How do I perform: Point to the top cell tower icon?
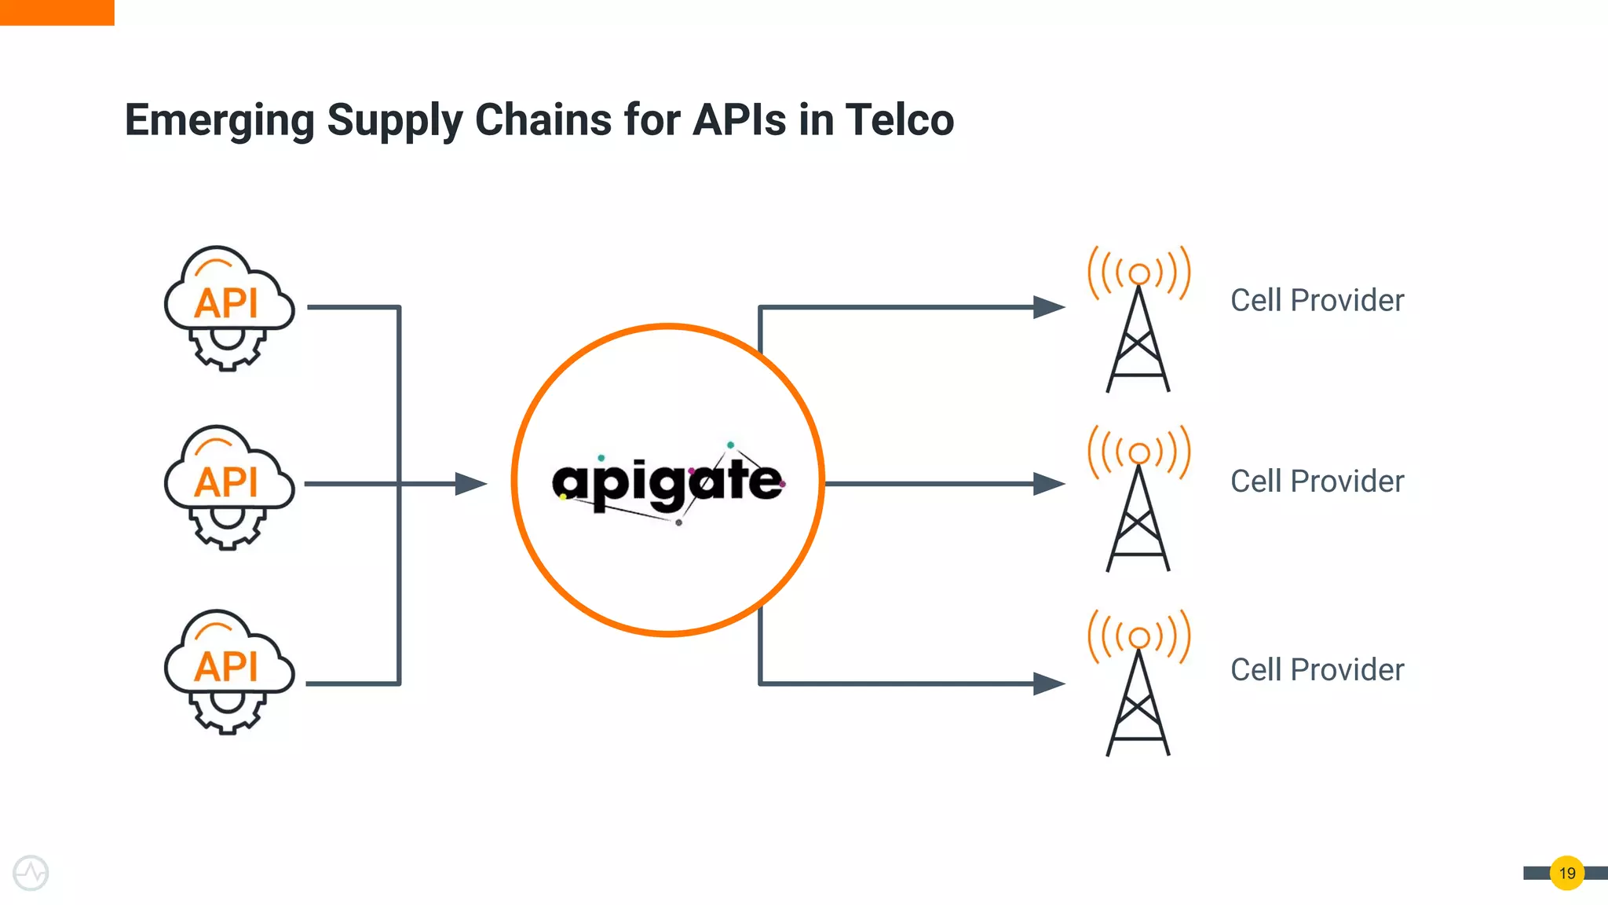pyautogui.click(x=1138, y=319)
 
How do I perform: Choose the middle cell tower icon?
pyautogui.click(x=1138, y=498)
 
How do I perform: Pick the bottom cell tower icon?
pyautogui.click(x=1138, y=682)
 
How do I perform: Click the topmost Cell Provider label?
pyautogui.click(x=1317, y=300)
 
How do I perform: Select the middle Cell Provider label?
pyautogui.click(x=1317, y=481)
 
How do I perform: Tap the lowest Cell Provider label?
pyautogui.click(x=1317, y=669)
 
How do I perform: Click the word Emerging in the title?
pyautogui.click(x=219, y=120)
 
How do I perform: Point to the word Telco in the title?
pyautogui.click(x=900, y=119)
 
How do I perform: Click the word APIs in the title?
pyautogui.click(x=739, y=119)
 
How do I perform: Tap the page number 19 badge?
pyautogui.click(x=1567, y=873)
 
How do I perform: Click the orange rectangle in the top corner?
pyautogui.click(x=57, y=13)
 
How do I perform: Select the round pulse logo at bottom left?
pyautogui.click(x=31, y=873)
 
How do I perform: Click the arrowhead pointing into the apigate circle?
pyautogui.click(x=471, y=484)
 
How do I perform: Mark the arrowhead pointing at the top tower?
pyautogui.click(x=1049, y=307)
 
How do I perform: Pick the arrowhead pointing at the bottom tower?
pyautogui.click(x=1049, y=683)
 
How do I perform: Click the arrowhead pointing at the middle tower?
pyautogui.click(x=1049, y=484)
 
